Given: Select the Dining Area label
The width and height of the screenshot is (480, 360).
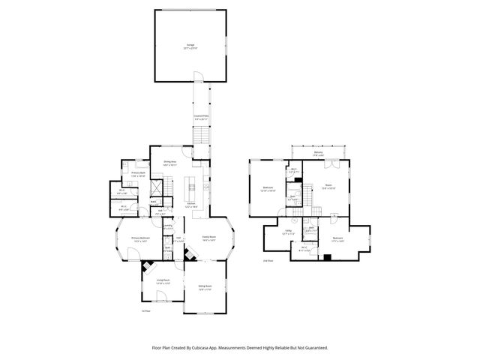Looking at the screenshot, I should [x=169, y=163].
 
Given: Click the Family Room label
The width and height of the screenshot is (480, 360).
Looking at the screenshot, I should [x=209, y=239].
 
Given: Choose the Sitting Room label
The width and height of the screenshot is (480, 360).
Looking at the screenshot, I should [x=205, y=287].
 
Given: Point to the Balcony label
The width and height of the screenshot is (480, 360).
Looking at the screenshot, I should [x=319, y=154].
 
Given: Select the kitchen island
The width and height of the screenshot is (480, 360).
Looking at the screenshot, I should [x=192, y=186].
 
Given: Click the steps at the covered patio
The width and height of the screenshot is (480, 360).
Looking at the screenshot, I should [x=201, y=136].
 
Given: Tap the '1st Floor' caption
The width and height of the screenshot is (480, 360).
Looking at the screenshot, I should [x=147, y=310].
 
